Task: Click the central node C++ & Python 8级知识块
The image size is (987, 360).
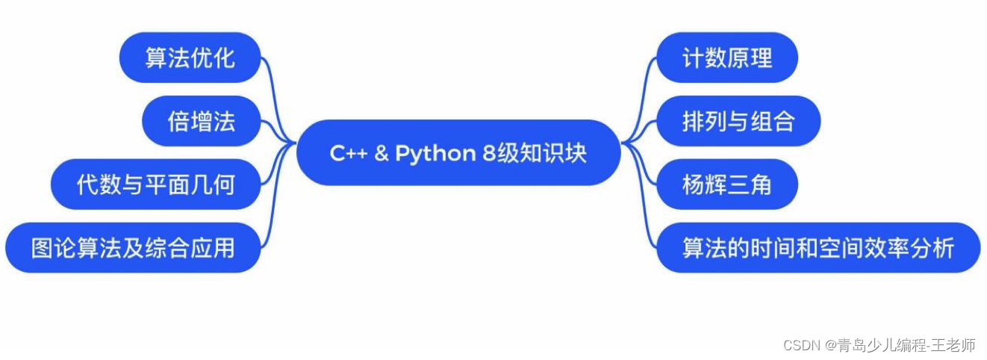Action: pos(458,153)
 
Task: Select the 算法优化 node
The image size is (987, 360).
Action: pos(190,58)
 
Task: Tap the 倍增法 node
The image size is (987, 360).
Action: pos(201,121)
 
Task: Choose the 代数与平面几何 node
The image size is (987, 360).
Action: pos(155,184)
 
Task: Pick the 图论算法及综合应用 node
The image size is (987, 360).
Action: pos(133,248)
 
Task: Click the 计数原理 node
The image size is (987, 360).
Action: pos(726,58)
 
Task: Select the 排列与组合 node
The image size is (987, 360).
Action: pos(738,121)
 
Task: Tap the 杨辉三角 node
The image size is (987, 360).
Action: pos(726,184)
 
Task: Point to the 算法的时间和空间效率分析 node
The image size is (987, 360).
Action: pos(818,248)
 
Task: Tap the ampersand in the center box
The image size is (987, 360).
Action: pos(382,153)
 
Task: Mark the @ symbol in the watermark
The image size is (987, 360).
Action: pos(830,346)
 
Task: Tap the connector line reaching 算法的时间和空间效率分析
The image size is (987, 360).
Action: pos(643,217)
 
